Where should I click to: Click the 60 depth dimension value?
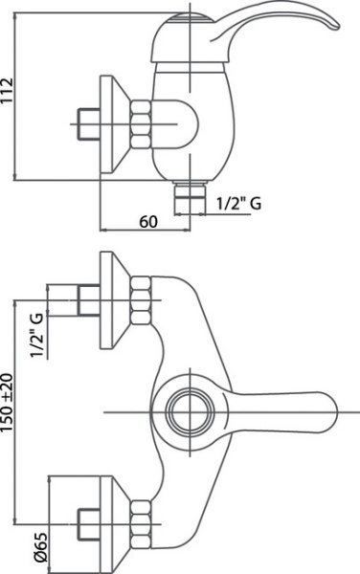coord(148,221)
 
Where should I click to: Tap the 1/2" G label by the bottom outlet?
coord(238,203)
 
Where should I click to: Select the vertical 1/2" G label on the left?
coord(37,335)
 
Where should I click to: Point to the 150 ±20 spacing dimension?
coord(8,402)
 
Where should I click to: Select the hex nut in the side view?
coord(140,124)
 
